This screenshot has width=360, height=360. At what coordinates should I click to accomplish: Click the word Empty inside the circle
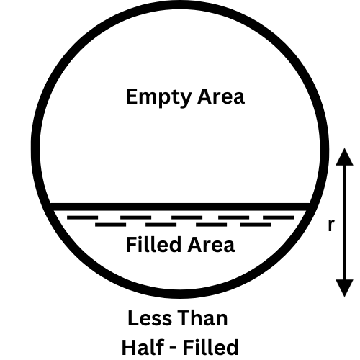(x=158, y=97)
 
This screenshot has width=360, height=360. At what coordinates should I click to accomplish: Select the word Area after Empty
(x=221, y=96)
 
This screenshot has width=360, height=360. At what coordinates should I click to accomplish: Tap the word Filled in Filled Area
(x=153, y=244)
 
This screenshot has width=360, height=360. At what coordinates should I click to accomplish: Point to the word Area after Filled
(x=211, y=244)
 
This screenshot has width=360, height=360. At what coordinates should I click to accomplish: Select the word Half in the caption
(x=143, y=347)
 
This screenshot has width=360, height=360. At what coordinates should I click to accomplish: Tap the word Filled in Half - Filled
(x=211, y=347)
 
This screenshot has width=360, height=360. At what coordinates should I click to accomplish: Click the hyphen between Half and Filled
(x=174, y=348)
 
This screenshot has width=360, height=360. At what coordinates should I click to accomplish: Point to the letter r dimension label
(x=331, y=225)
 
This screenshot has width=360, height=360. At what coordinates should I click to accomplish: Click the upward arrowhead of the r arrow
(x=344, y=157)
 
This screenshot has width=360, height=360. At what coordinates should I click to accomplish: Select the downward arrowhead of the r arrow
(x=344, y=288)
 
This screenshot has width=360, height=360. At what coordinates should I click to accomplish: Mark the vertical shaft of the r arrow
(x=344, y=222)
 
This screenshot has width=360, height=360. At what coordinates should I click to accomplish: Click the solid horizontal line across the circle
(x=180, y=207)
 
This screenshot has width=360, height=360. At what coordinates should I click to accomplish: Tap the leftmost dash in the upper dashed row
(x=83, y=217)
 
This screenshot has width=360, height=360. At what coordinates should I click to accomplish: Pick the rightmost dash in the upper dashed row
(x=279, y=217)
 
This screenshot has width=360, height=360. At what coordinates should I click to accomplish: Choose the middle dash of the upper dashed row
(x=187, y=217)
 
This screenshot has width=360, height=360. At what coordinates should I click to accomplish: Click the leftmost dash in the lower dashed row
(x=111, y=225)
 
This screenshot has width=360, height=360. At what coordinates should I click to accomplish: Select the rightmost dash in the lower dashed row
(x=256, y=225)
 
